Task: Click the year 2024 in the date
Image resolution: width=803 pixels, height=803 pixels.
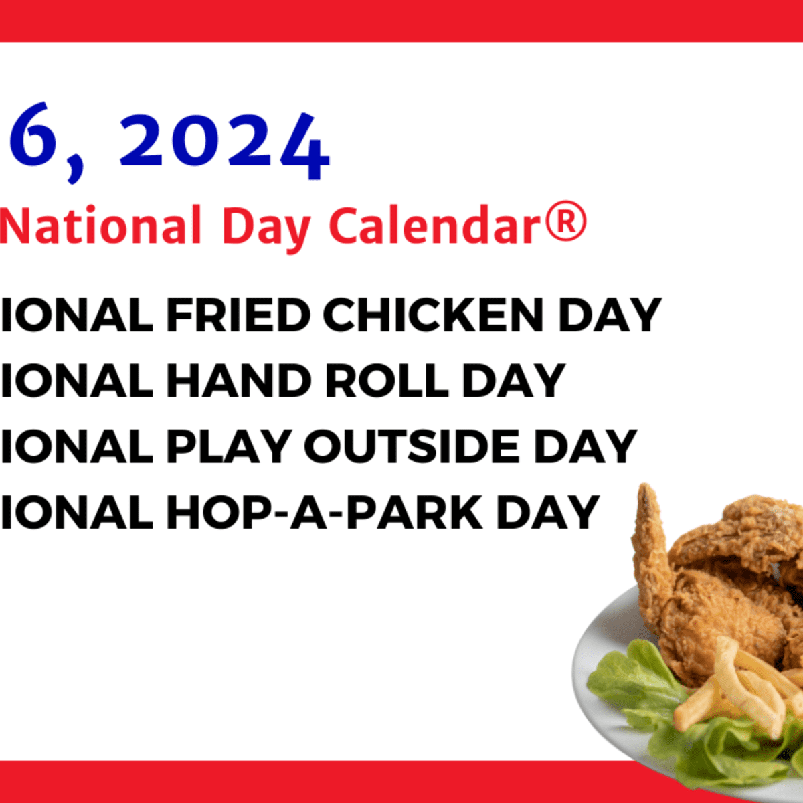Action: click(224, 144)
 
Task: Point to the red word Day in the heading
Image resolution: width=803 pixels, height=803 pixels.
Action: click(266, 228)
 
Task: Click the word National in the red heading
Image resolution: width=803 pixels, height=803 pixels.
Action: click(100, 226)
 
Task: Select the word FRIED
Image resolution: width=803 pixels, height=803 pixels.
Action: click(238, 315)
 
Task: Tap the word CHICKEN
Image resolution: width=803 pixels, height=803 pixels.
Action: click(434, 315)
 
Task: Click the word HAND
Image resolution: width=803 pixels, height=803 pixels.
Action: click(239, 381)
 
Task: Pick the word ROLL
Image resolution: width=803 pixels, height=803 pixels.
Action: click(387, 381)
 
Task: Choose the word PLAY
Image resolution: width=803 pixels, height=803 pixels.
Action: click(228, 446)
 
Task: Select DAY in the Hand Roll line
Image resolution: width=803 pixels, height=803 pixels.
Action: click(514, 381)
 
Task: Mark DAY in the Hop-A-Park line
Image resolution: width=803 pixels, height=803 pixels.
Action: click(547, 513)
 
